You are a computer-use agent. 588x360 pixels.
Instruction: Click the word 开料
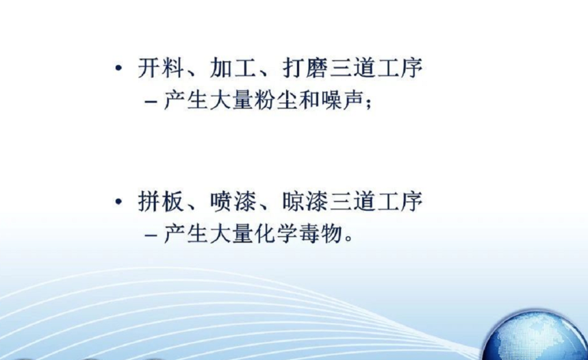coord(161,68)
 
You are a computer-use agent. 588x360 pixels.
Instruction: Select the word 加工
coord(233,68)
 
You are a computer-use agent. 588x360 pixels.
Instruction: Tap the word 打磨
coord(305,68)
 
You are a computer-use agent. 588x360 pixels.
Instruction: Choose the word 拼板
coord(161,201)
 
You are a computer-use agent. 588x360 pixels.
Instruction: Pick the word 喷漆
coord(233,201)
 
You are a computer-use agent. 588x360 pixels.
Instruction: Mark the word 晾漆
coord(305,201)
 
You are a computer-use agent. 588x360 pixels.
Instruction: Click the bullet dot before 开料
coord(118,68)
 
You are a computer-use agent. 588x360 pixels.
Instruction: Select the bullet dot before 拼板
coord(118,202)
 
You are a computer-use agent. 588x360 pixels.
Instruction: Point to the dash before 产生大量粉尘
coord(151,101)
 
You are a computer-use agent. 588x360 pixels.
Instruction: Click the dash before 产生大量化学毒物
coord(151,235)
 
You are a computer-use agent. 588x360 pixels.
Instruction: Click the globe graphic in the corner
coord(535,335)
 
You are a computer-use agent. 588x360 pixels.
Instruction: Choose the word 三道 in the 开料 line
coord(353,68)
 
